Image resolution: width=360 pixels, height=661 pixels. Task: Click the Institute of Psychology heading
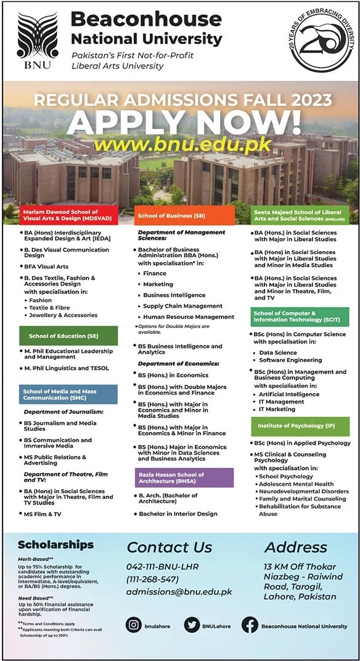300,426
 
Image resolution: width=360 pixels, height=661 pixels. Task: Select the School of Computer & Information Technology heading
300,316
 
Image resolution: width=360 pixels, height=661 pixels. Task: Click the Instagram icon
134,625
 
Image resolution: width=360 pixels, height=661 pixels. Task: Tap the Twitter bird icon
192,625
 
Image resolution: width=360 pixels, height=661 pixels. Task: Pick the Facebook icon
250,625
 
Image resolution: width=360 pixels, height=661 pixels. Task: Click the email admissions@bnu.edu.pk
179,591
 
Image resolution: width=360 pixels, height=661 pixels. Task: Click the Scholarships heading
55,544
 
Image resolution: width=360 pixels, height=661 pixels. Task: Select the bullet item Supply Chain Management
182,306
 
